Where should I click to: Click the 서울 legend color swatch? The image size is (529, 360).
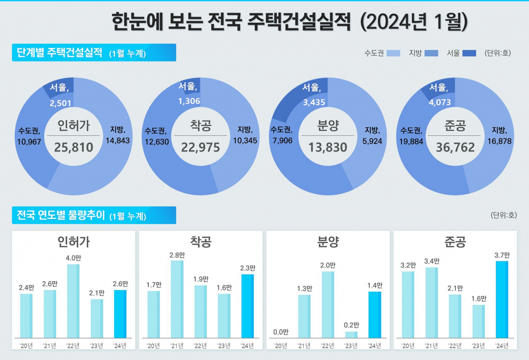point(470,53)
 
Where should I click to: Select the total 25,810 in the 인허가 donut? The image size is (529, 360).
point(74,147)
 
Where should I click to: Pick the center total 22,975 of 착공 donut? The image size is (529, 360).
point(201,147)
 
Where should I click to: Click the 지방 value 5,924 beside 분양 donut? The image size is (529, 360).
point(373,141)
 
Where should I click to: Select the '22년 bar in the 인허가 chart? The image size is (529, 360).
point(73,301)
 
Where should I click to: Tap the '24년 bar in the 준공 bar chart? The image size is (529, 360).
point(502,300)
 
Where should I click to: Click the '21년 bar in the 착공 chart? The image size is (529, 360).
point(177,299)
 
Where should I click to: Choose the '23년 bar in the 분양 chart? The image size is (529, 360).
point(351,334)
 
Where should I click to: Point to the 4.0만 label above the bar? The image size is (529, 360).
point(73,258)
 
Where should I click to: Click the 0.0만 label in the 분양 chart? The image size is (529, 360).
point(280,332)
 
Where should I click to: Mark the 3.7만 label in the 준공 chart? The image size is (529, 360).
point(502,255)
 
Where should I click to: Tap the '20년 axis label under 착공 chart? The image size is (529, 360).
point(153,346)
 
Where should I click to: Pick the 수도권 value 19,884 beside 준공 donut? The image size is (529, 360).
point(412,141)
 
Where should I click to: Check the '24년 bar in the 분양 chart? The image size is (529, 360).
point(375,315)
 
